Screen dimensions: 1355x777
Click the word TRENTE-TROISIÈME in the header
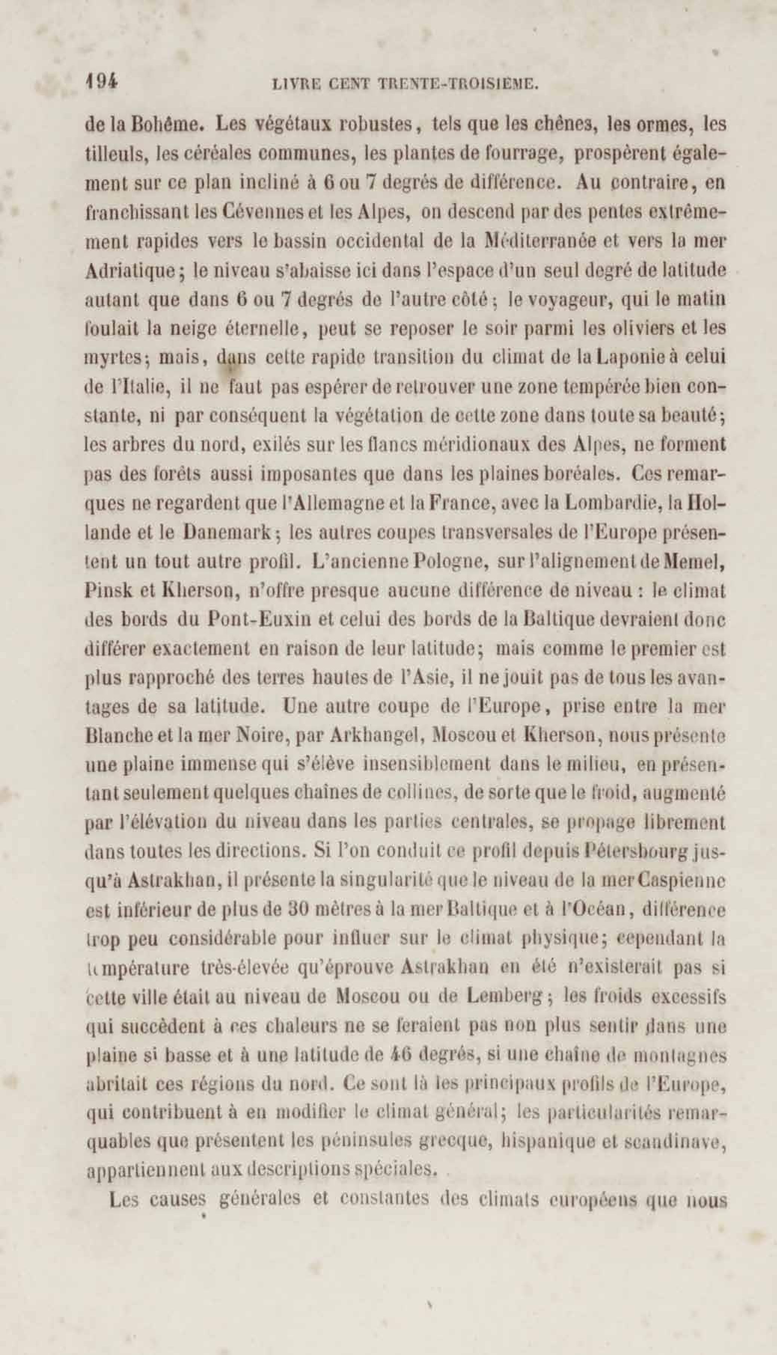[x=456, y=84]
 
